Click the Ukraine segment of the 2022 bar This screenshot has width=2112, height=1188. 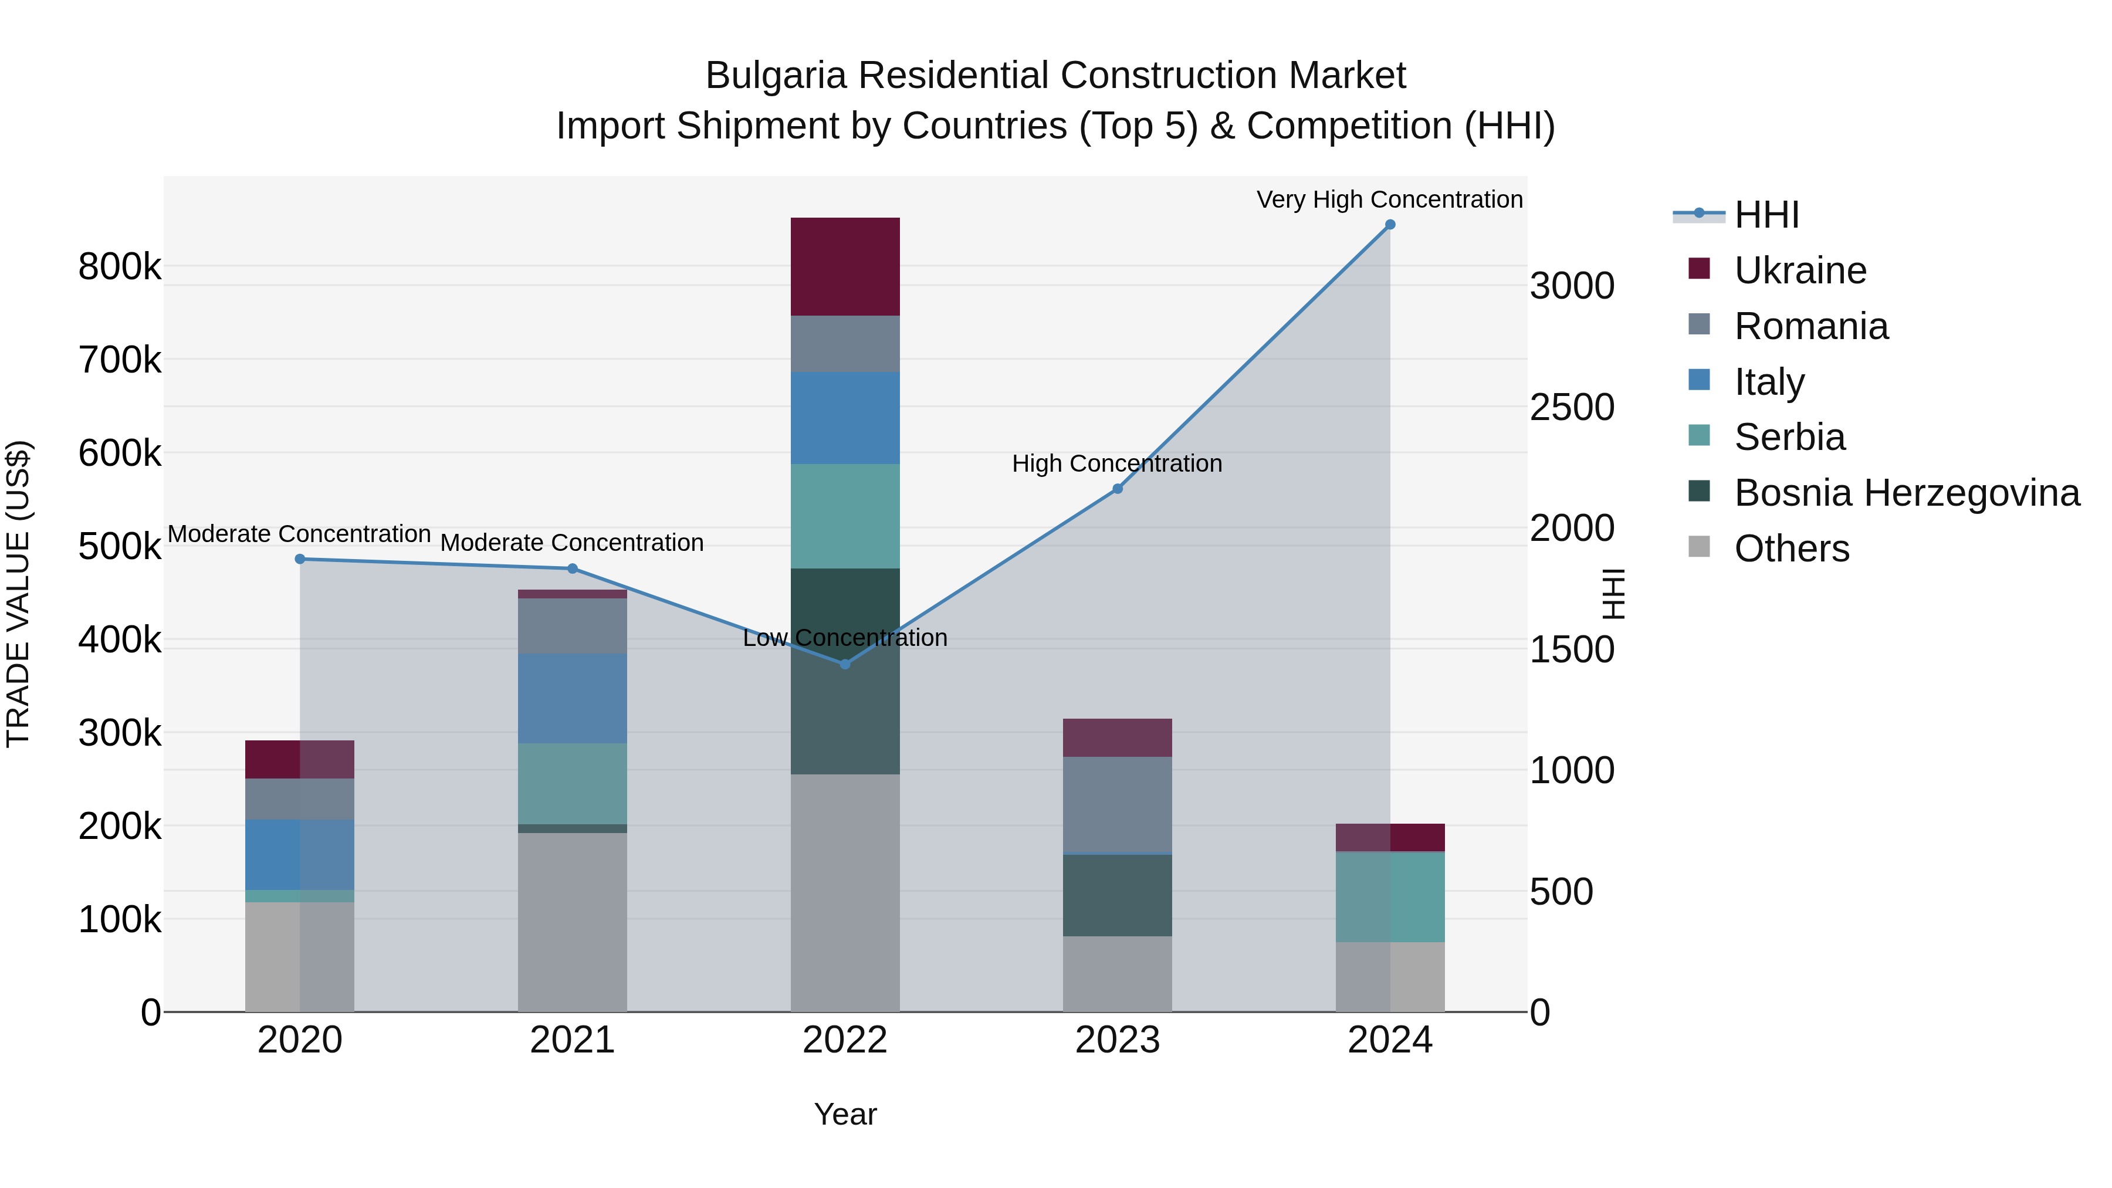pyautogui.click(x=844, y=266)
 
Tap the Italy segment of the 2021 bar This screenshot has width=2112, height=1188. pyautogui.click(x=572, y=699)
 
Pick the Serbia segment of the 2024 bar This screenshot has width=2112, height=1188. pyautogui.click(x=1390, y=898)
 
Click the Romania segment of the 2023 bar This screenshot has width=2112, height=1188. pyautogui.click(x=1116, y=804)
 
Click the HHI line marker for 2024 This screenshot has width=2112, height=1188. pyautogui.click(x=1390, y=225)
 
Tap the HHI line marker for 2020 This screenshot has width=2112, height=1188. pyautogui.click(x=300, y=559)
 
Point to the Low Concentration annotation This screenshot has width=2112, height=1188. pyautogui.click(x=844, y=638)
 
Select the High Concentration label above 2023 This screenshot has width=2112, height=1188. pyautogui.click(x=1116, y=464)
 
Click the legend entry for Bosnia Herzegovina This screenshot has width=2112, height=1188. pyautogui.click(x=1906, y=493)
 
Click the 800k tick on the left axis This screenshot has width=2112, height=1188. pyautogui.click(x=120, y=268)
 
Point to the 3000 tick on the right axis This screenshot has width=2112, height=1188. pyautogui.click(x=1572, y=286)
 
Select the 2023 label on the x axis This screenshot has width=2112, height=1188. pyautogui.click(x=1116, y=1040)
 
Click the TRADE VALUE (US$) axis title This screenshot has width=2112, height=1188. pyautogui.click(x=18, y=594)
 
